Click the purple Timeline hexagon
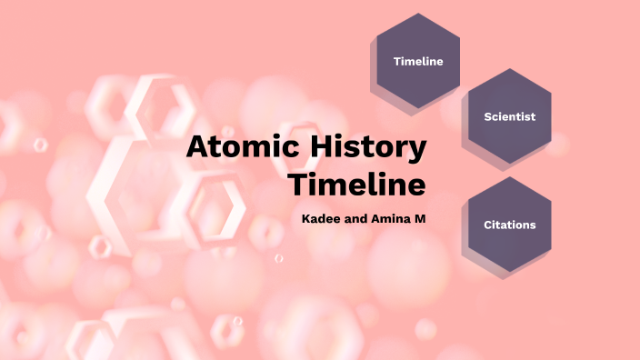pos(418,61)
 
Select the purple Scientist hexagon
pos(509,116)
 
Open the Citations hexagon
pos(509,225)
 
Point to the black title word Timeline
pos(357,184)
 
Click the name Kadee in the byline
pos(321,219)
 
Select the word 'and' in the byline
pos(356,219)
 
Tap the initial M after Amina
pos(420,219)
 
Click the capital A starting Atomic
pos(197,147)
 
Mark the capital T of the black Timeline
pos(297,184)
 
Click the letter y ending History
pos(417,151)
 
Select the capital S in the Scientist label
pos(487,116)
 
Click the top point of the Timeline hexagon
pos(418,14)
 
